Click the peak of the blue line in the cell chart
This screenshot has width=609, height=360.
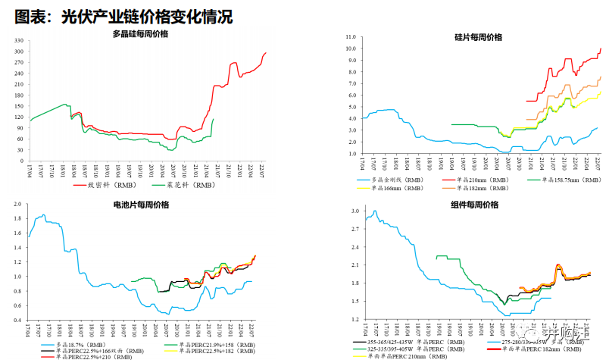(x=43, y=214)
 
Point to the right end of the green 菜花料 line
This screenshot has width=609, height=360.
(x=214, y=118)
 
